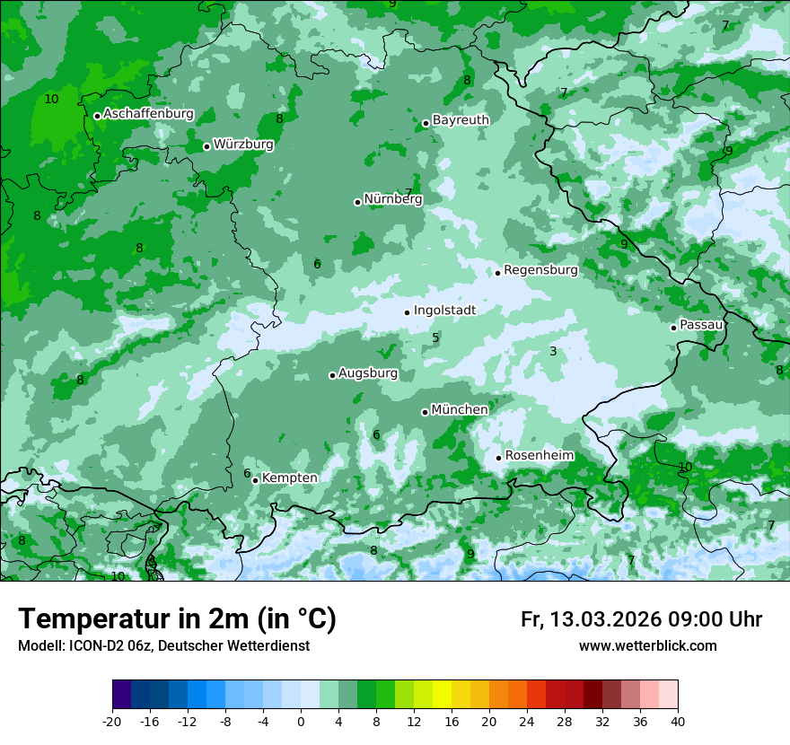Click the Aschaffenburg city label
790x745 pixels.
point(148,114)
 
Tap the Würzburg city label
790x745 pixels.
point(243,145)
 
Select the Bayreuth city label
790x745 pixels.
point(461,120)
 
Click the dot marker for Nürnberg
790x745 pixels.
point(357,202)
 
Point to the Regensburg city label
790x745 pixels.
point(540,270)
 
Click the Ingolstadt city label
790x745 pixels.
point(444,311)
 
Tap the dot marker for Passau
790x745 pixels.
point(673,328)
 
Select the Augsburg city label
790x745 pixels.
point(368,373)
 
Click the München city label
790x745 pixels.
point(460,410)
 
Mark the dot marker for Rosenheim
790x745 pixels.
point(498,458)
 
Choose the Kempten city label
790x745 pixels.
point(289,478)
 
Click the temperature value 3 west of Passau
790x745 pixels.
point(553,351)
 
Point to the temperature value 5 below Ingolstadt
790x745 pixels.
point(435,338)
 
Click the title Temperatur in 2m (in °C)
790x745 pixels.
point(177,619)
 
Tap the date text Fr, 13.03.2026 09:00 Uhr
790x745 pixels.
point(641,620)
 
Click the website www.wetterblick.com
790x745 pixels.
point(647,646)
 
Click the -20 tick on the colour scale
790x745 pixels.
point(112,721)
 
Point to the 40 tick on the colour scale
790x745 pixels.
point(677,721)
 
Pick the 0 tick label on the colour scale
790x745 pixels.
point(301,721)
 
